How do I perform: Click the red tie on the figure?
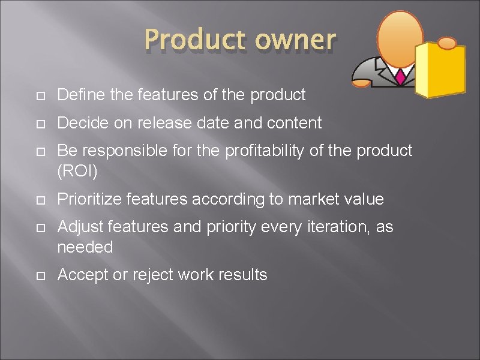(400, 76)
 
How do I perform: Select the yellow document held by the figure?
(441, 70)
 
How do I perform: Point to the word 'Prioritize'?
(89, 199)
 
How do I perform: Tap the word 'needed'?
(85, 247)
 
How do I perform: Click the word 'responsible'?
(126, 151)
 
